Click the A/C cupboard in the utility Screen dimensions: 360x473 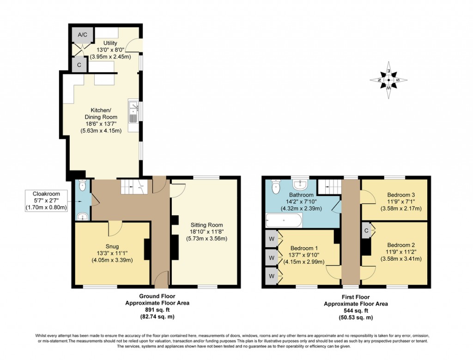click(x=83, y=35)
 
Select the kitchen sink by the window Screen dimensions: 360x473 click(x=133, y=112)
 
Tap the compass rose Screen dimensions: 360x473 click(x=388, y=80)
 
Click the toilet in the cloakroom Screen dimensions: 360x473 click(x=82, y=186)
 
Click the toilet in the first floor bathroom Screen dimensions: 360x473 click(x=276, y=187)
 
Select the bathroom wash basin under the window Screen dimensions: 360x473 click(x=302, y=185)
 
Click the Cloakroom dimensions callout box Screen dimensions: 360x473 click(x=46, y=201)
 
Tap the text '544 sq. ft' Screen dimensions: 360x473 click(x=356, y=311)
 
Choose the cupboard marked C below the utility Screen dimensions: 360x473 click(x=79, y=65)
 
